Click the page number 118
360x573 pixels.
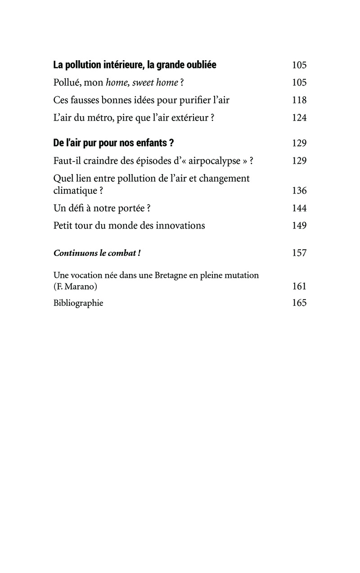tap(299, 100)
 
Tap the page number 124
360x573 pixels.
tap(299, 117)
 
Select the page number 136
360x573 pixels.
tap(299, 191)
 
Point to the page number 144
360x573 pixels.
tap(299, 208)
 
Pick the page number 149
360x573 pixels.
tap(299, 225)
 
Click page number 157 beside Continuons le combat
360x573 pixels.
tap(299, 253)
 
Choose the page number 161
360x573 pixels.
tap(299, 286)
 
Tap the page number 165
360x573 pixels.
tap(299, 303)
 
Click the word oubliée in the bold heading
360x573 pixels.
tap(199, 65)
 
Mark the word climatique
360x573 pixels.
tap(75, 191)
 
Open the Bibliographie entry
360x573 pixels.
tap(78, 303)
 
